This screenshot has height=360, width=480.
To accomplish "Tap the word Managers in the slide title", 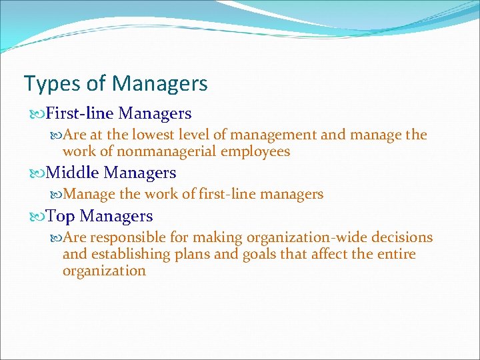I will coord(160,84).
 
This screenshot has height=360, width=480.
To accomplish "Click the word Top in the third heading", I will coord(60,216).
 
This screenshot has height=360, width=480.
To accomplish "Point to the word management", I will coord(272,135).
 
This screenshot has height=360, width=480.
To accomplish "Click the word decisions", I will coord(402,237).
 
